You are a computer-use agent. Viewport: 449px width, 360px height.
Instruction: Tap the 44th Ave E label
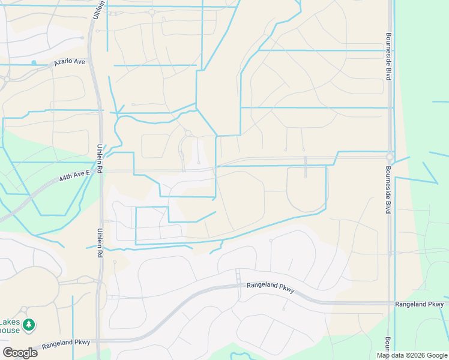tap(74, 173)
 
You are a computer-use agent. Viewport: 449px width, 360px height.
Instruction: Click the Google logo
tap(20, 352)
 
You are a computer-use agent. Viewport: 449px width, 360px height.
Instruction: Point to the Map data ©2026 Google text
tap(411, 355)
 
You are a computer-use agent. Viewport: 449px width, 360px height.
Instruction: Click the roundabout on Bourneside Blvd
tap(390, 157)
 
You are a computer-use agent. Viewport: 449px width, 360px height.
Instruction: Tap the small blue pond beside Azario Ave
tap(34, 62)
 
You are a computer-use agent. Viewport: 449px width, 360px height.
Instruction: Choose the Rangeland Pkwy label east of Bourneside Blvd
tap(419, 305)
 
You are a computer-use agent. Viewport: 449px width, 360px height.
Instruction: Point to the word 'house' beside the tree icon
tap(9, 330)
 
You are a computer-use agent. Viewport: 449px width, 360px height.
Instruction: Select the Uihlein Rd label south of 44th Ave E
tap(98, 242)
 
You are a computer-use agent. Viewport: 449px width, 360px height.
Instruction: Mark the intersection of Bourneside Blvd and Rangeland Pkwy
tap(390, 304)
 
